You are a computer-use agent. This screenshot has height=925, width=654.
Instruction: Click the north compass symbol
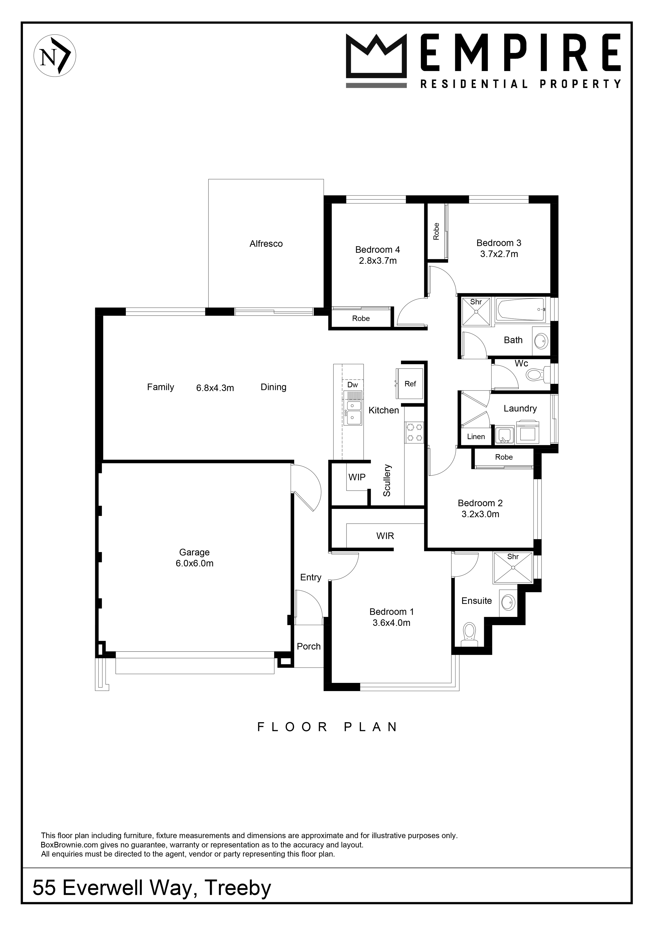click(x=55, y=56)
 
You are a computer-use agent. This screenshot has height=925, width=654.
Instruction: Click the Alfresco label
click(x=266, y=244)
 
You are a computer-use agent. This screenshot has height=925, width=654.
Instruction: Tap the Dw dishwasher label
click(x=352, y=385)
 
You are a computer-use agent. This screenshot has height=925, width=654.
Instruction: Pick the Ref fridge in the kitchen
click(x=410, y=383)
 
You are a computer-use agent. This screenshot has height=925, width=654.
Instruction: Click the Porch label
click(x=309, y=646)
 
